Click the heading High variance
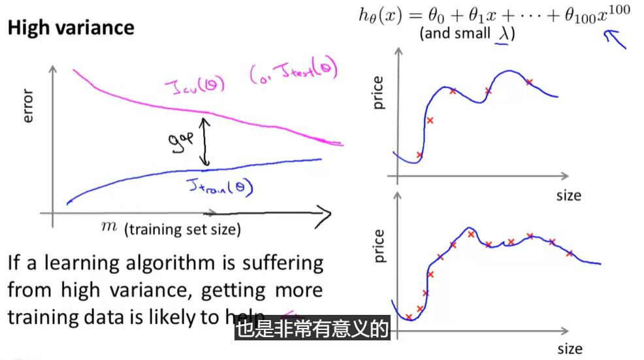tap(71, 27)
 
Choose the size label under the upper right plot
tap(568, 195)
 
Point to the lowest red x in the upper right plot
tap(419, 155)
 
